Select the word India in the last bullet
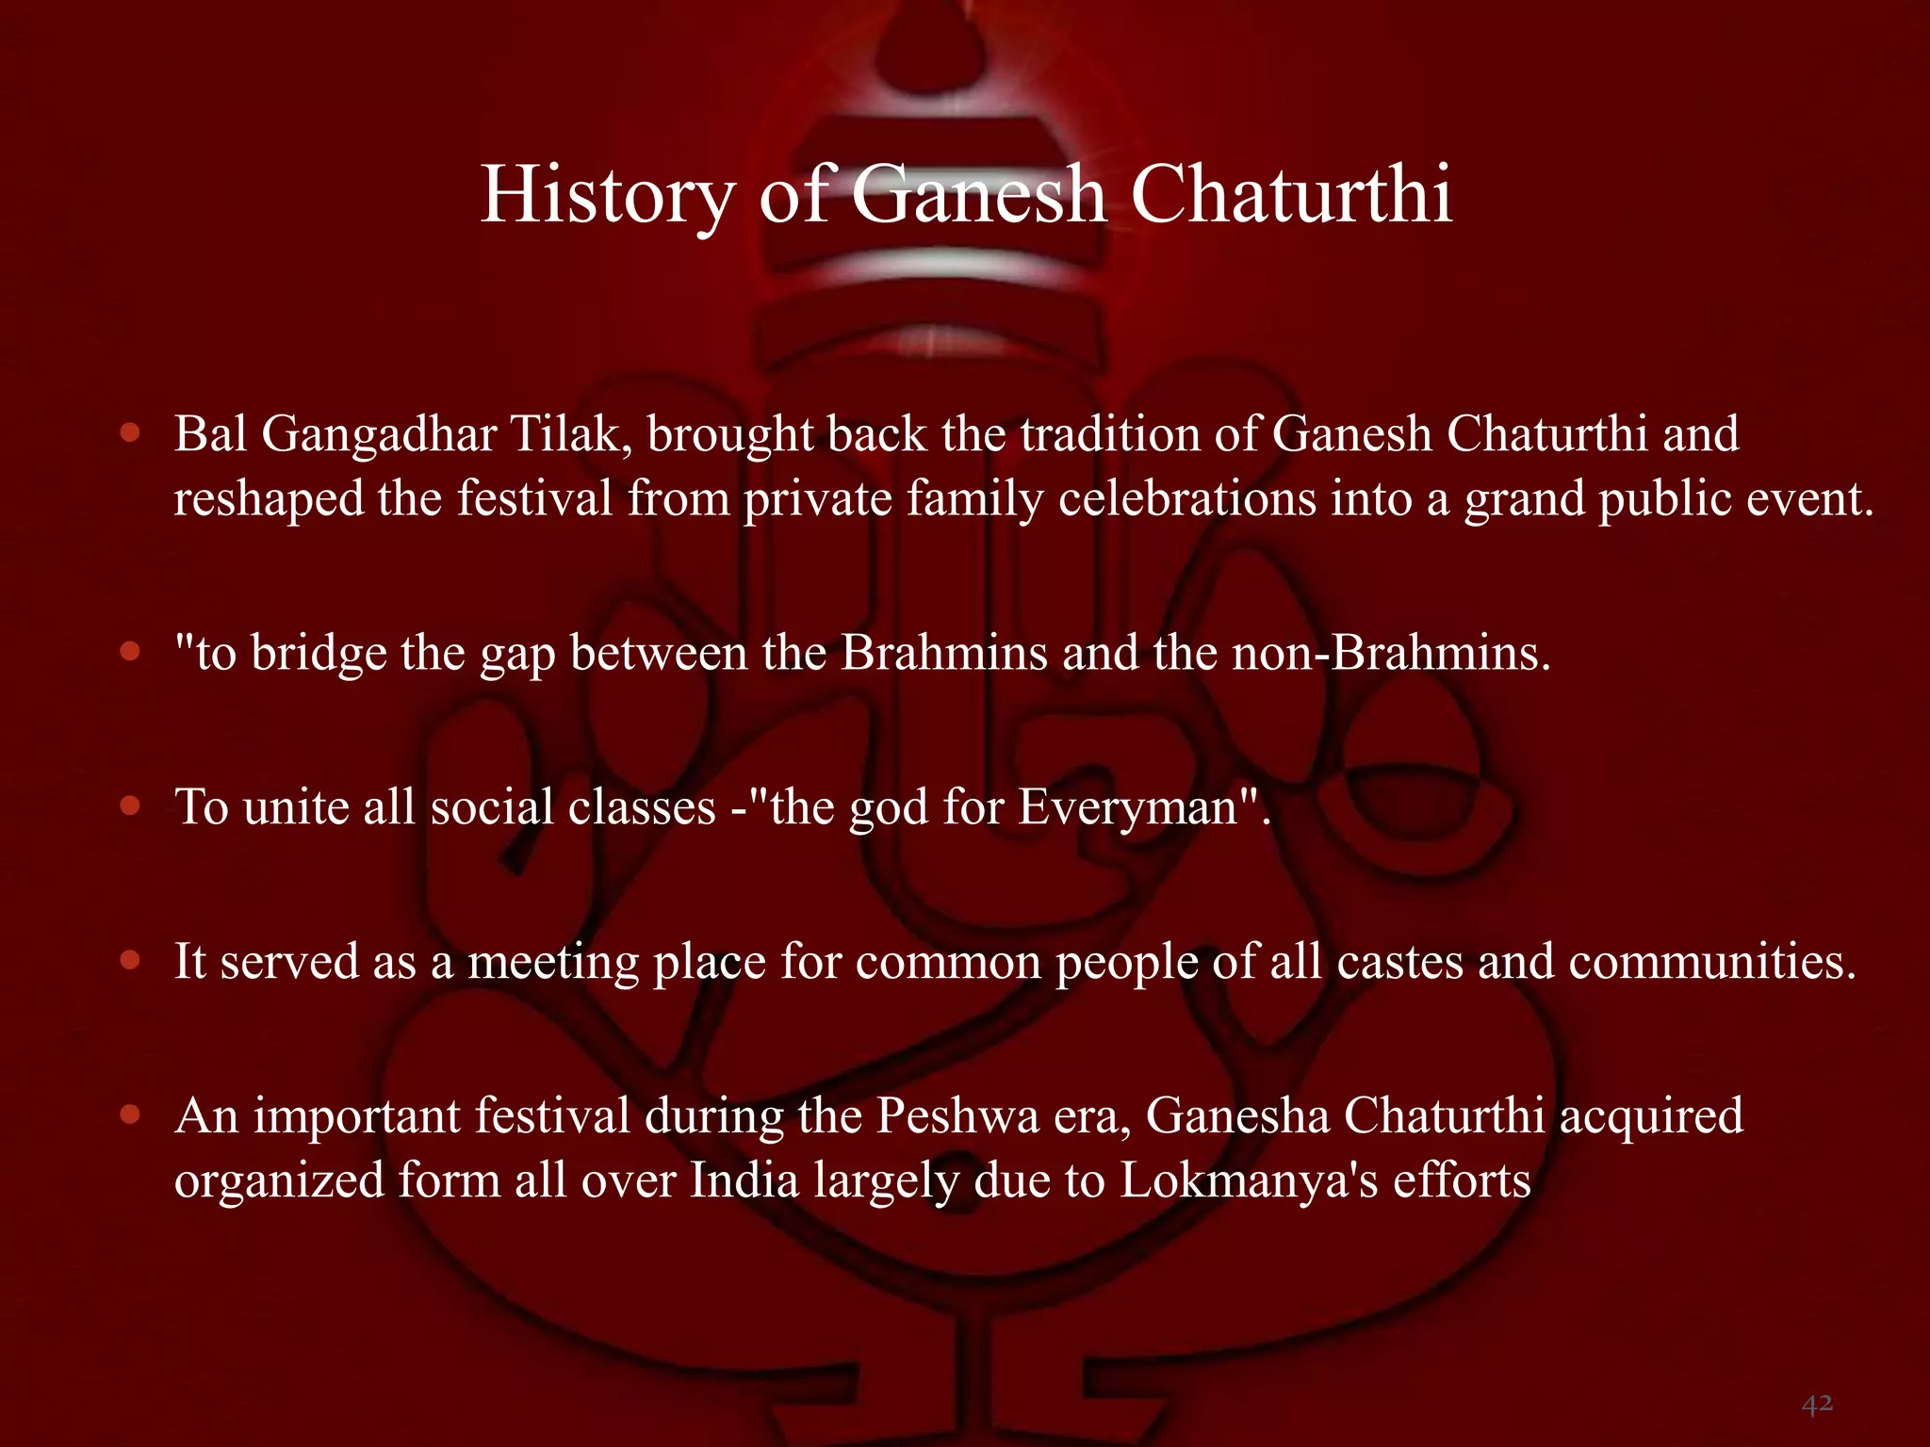click(744, 1180)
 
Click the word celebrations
click(1186, 498)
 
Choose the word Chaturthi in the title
click(1291, 195)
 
